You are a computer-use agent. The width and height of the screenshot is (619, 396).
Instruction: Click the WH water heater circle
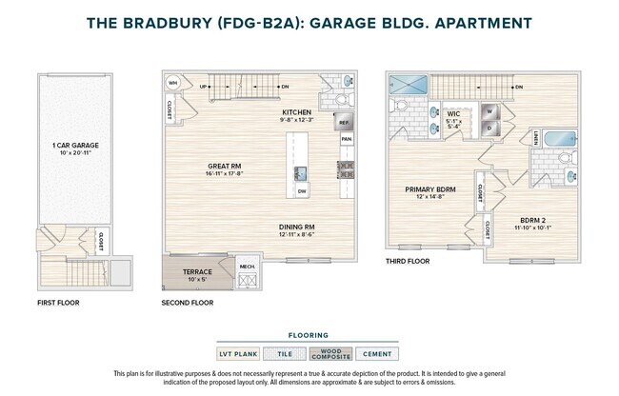[173, 83]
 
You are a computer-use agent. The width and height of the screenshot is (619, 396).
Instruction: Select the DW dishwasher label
[301, 191]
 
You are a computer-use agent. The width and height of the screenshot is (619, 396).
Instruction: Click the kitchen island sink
[301, 172]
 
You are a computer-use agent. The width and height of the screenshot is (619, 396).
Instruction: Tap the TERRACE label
[197, 271]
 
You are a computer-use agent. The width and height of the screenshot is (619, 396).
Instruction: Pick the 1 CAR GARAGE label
[75, 146]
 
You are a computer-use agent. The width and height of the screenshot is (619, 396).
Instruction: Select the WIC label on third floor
[454, 114]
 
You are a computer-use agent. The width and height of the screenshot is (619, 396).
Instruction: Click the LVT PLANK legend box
[238, 354]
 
